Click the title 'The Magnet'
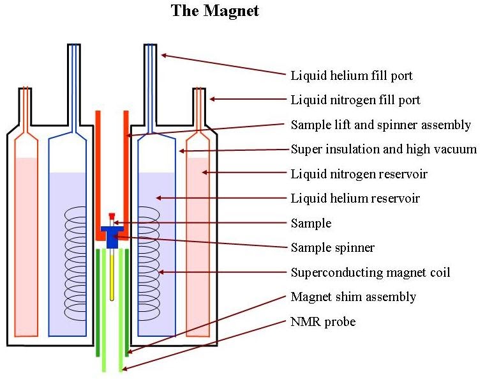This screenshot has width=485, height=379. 215,11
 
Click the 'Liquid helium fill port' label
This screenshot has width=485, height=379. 352,76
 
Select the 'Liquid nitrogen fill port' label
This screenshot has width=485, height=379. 355,100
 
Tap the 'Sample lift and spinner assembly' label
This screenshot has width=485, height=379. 380,125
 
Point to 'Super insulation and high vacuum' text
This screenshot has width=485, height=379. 384,150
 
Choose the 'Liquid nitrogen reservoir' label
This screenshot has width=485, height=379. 359,174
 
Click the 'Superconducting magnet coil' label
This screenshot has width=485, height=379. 370,273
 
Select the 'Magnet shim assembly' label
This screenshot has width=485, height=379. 353,297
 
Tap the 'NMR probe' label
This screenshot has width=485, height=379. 323,322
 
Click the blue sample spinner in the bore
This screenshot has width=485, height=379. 112,236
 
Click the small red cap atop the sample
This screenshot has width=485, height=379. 112,216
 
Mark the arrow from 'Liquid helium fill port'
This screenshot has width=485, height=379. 223,66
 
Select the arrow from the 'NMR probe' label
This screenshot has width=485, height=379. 204,345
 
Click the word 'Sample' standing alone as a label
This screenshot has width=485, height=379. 311,224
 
